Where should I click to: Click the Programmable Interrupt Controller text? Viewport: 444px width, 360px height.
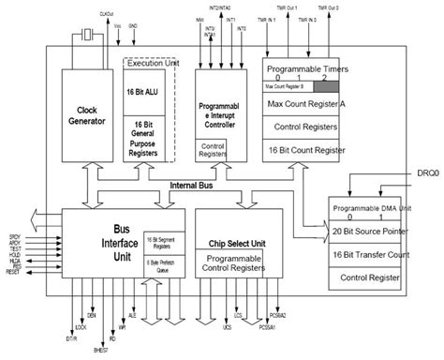pos(223,109)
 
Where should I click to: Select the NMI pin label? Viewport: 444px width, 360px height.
pos(200,19)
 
